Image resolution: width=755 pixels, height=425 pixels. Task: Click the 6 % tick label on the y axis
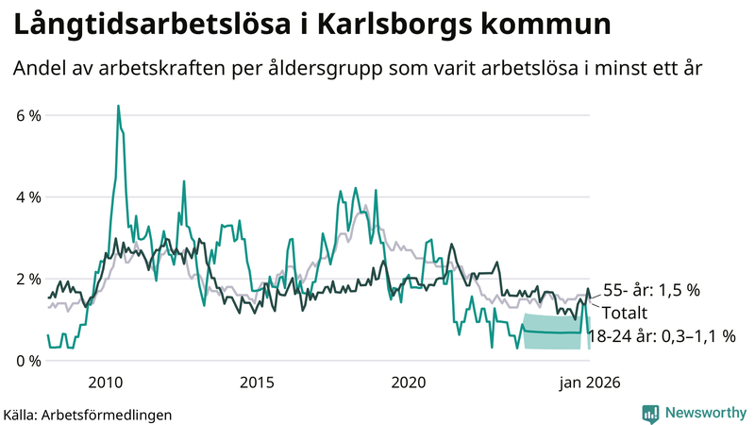[x=28, y=115]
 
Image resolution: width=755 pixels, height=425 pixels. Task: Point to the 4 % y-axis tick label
[x=28, y=197]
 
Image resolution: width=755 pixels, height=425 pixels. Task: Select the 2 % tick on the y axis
[x=28, y=280]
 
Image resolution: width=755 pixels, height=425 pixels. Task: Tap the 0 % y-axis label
[x=28, y=361]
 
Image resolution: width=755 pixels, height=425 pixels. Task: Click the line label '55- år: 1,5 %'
[x=651, y=291]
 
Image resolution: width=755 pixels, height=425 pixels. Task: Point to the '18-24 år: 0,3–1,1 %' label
[x=661, y=335]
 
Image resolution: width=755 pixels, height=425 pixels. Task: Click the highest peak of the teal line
[x=118, y=107]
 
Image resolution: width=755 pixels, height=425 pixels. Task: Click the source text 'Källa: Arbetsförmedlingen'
[x=88, y=414]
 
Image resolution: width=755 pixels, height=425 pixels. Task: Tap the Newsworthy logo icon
[x=650, y=413]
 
